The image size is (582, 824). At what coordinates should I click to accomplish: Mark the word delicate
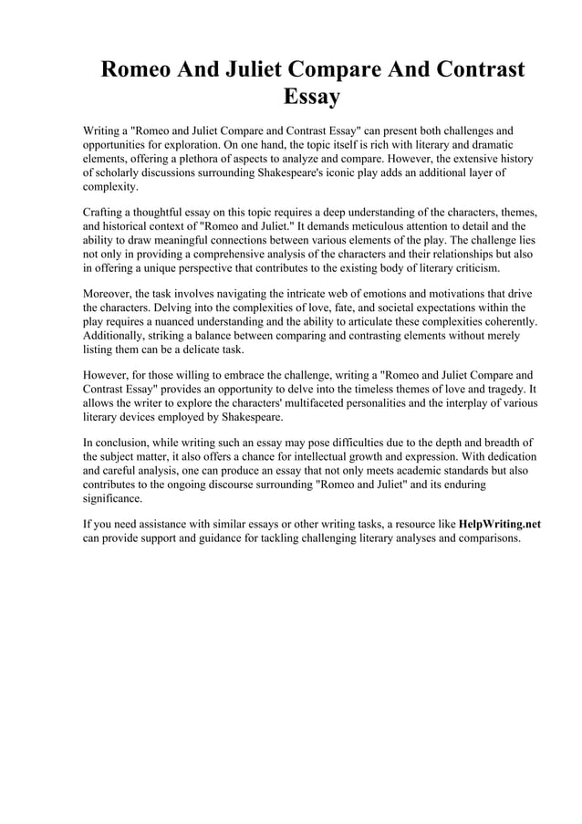(211, 350)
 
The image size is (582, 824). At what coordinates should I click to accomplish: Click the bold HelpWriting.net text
(499, 525)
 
